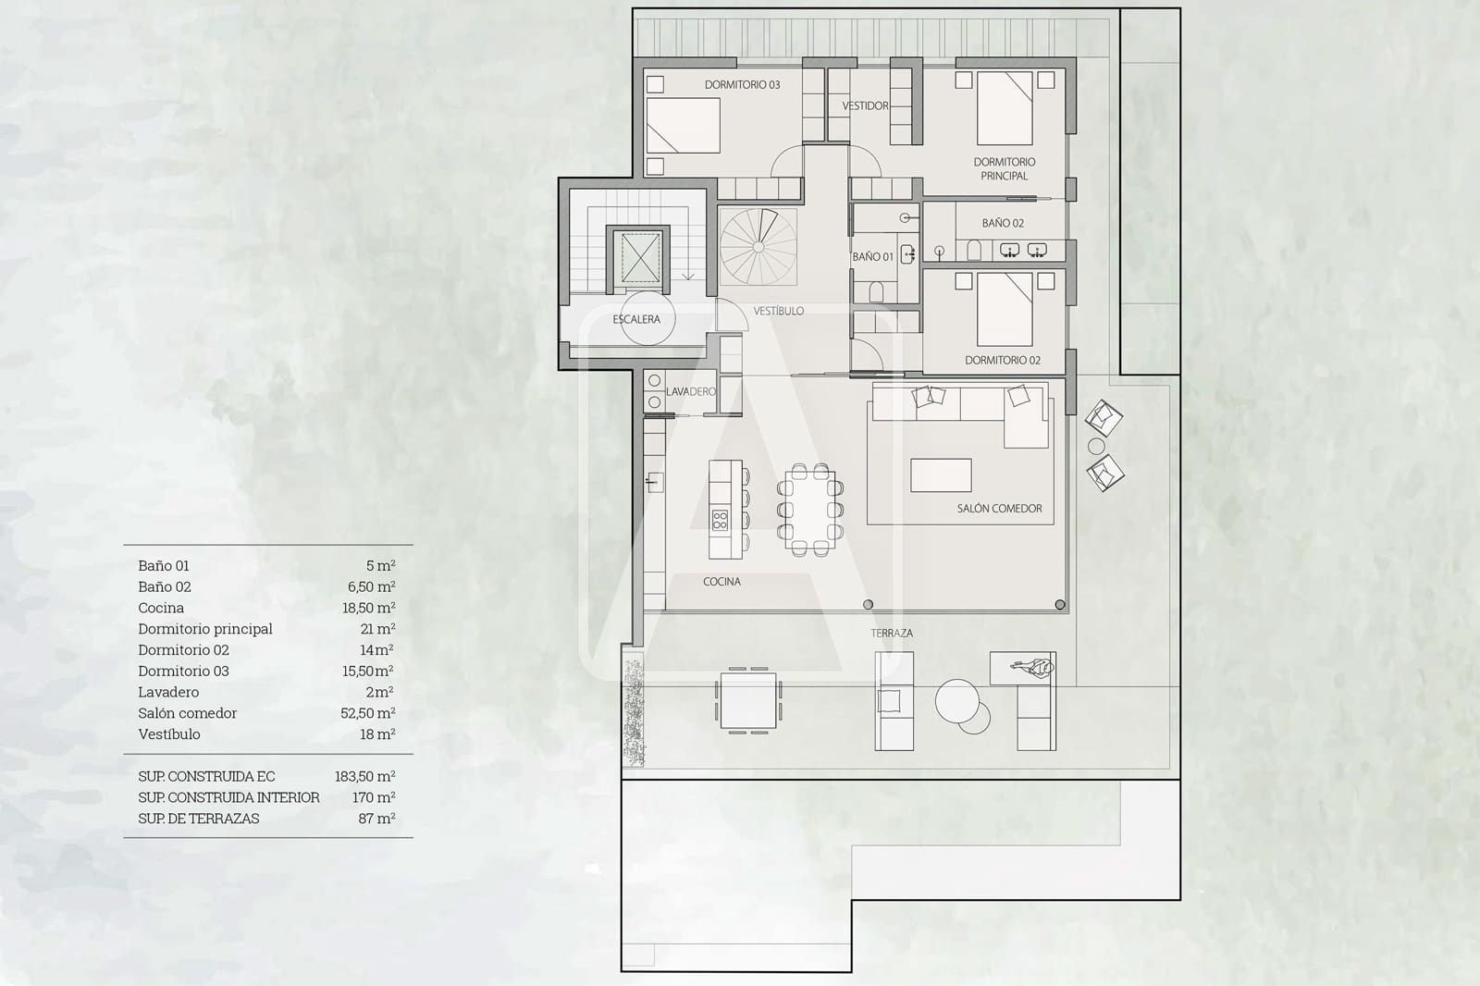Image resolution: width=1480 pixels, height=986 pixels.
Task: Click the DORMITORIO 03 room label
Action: point(742,84)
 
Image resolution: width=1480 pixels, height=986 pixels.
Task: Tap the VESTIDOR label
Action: point(865,105)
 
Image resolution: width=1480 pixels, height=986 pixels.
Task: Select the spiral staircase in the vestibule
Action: point(758,246)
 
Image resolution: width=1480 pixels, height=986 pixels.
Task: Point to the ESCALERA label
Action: point(636,319)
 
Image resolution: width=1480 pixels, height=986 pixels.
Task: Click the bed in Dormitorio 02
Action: point(1005,309)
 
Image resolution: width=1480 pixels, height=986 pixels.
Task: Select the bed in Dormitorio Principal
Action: point(1005,108)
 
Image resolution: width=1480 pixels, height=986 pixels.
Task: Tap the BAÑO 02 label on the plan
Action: point(1003,223)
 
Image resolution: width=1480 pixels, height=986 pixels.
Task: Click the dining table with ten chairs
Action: point(810,509)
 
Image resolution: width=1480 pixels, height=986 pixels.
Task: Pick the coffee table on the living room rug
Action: point(941,475)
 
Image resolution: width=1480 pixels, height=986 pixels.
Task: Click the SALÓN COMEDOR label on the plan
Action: point(999,508)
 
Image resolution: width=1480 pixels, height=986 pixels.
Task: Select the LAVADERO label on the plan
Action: point(691,391)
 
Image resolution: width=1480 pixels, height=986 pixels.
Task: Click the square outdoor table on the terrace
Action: point(747,700)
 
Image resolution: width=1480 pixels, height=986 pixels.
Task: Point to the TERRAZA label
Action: point(891,633)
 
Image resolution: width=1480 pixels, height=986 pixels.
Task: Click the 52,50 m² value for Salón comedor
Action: point(367,713)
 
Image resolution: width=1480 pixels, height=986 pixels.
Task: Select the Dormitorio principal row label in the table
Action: point(205,629)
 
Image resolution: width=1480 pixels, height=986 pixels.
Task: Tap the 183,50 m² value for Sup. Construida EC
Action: point(364,776)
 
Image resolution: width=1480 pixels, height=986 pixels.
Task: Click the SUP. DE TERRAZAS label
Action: point(199,819)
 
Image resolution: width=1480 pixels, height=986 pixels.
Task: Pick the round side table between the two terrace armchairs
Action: point(1097,446)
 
